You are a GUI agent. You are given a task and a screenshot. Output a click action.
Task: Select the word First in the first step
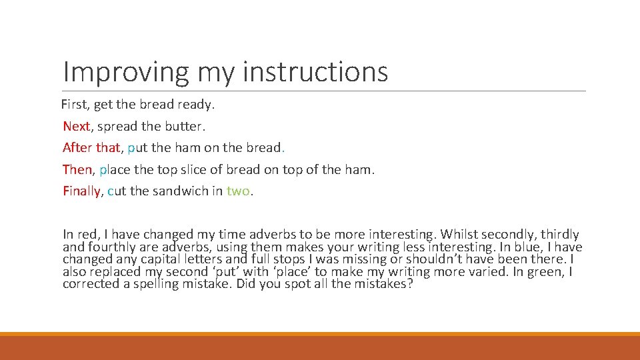point(74,104)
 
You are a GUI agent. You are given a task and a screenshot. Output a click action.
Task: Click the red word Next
point(76,126)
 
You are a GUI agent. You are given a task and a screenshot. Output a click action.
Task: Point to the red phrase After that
point(92,147)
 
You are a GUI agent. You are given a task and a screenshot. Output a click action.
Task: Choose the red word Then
point(77,169)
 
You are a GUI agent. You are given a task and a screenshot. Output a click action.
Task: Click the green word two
point(238,191)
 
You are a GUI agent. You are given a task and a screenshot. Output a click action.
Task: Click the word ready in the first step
point(196,105)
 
